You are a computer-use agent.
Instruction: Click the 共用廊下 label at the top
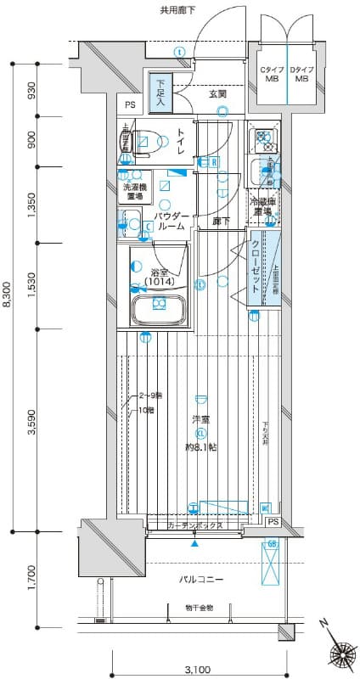pos(177,10)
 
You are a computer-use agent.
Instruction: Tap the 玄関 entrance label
pos(218,93)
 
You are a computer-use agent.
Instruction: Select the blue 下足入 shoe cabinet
pos(160,94)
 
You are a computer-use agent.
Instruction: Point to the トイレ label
pos(182,138)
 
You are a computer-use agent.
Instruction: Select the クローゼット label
pos(256,265)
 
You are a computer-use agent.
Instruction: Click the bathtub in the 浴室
pos(158,306)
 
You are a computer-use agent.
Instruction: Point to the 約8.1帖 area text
pos(202,446)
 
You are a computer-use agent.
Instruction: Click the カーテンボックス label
pos(195,526)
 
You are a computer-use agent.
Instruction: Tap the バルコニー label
pos(201,580)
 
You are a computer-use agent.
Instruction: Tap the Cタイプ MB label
pos(271,74)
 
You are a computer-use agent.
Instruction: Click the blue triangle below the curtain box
pos(195,542)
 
